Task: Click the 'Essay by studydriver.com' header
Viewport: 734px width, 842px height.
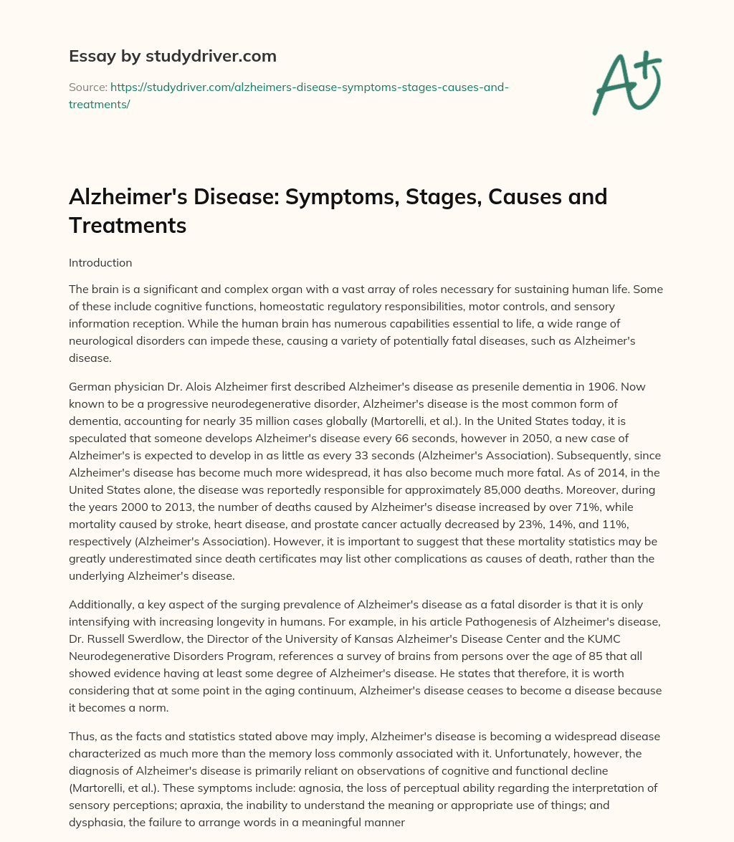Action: (172, 56)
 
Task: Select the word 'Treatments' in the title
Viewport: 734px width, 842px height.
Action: (128, 226)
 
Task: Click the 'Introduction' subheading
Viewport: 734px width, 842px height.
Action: (100, 262)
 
